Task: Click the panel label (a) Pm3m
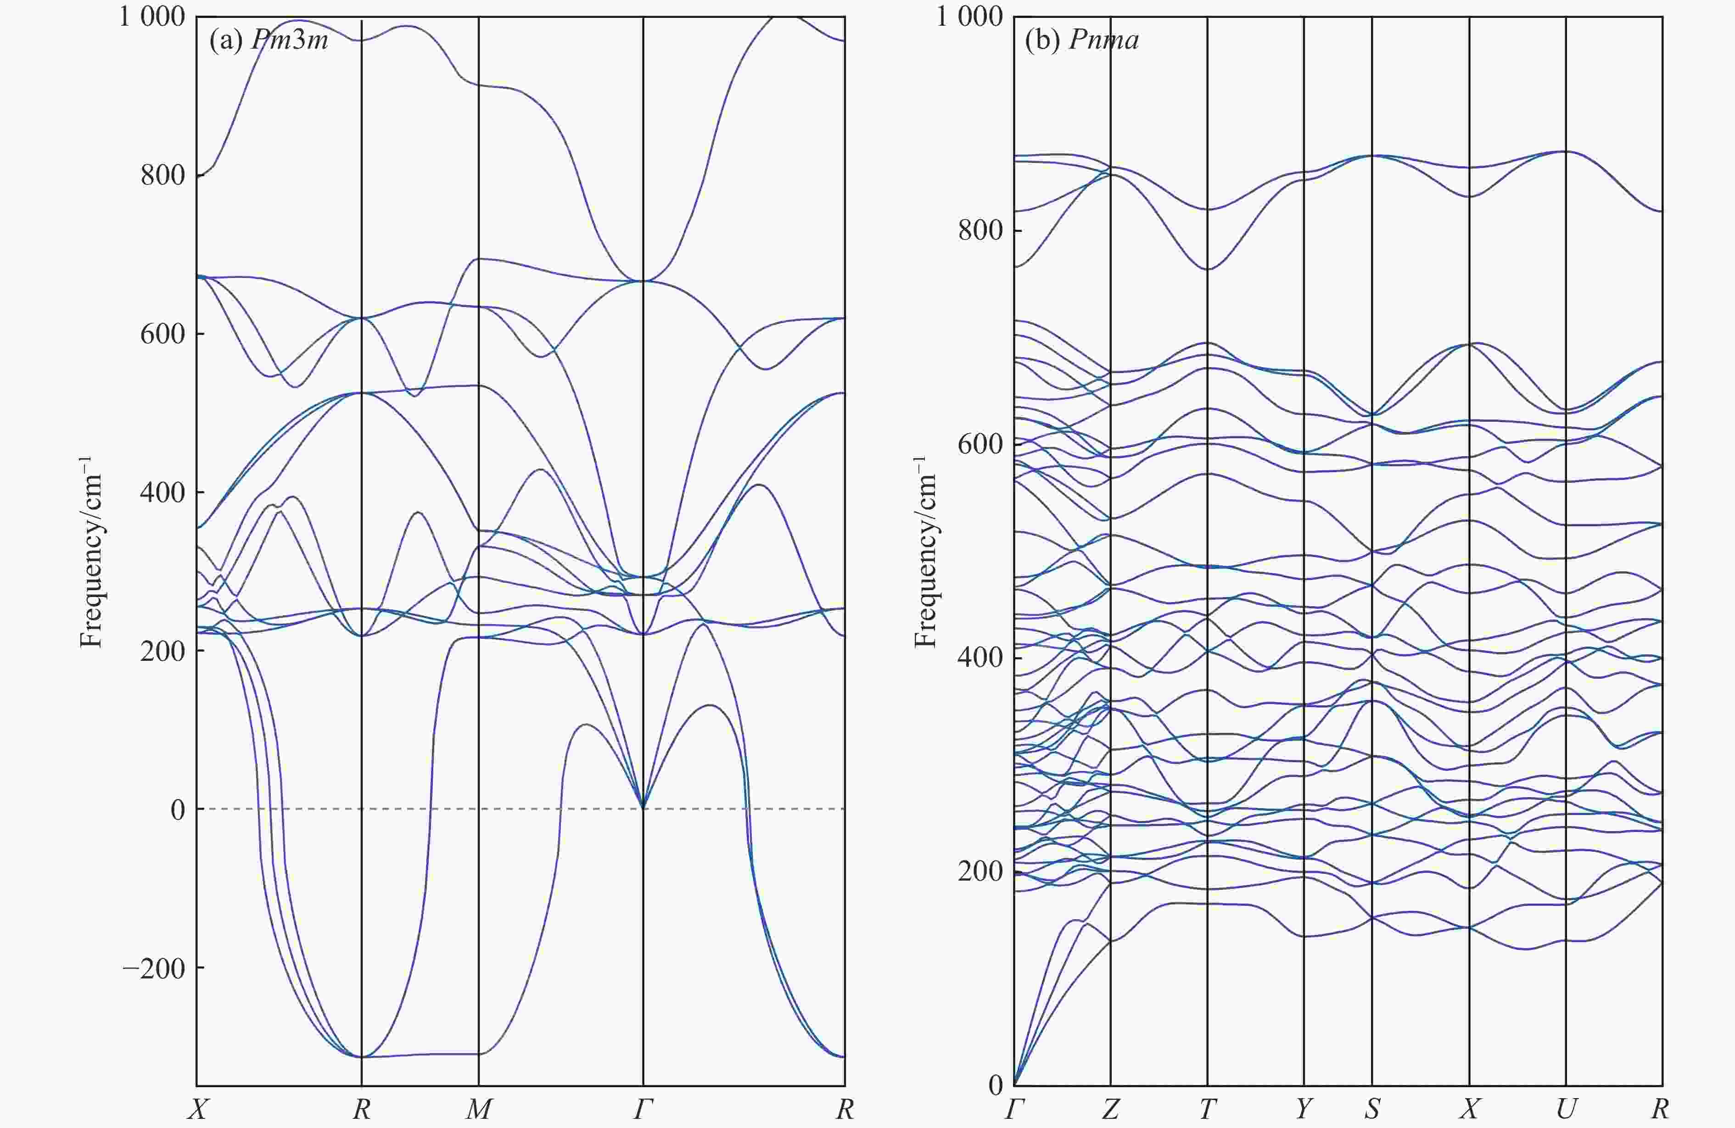268,40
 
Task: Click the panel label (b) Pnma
1082,40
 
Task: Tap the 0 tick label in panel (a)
177,810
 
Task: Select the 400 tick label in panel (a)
162,492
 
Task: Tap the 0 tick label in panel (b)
995,1085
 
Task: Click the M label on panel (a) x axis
478,1110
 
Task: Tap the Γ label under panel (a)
642,1110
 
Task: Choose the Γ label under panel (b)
1014,1110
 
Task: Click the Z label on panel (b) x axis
1110,1110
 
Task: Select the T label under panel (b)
1207,1110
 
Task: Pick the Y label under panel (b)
1304,1110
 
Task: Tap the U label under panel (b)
1566,1110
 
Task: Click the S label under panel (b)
1372,1110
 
